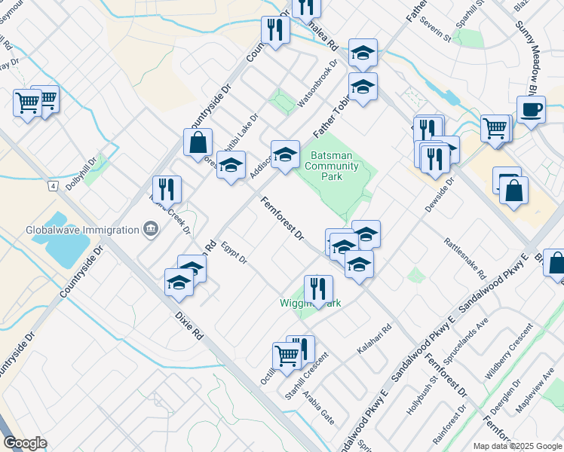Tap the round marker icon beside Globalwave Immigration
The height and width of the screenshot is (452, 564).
[x=151, y=230]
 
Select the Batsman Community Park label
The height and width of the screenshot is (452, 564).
[x=336, y=166]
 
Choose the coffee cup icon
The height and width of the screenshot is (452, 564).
[x=531, y=109]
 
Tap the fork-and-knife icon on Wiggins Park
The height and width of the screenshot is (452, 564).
[x=318, y=289]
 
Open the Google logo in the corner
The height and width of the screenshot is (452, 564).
[x=25, y=442]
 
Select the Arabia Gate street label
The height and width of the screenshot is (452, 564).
[x=317, y=407]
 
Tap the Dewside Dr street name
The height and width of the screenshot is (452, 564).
[x=440, y=195]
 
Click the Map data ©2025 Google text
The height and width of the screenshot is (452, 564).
[x=517, y=446]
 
